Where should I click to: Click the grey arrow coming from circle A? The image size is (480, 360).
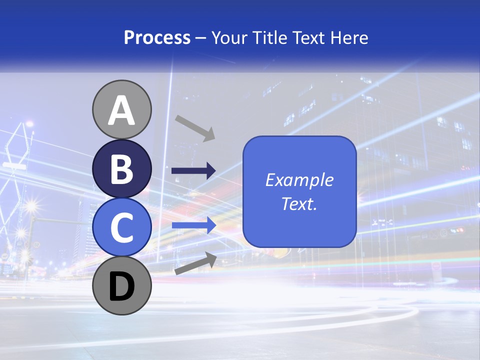pos(195,128)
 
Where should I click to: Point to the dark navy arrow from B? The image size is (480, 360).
pos(193,171)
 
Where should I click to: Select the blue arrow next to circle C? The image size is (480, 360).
pos(193,225)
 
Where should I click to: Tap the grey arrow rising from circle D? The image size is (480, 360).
pos(195,263)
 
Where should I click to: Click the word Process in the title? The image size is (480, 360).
pos(157,38)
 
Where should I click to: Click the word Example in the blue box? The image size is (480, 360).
pos(299,180)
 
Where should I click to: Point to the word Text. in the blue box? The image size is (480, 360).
pos(299,204)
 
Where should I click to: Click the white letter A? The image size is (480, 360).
pos(122,111)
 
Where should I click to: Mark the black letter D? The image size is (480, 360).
pos(122,287)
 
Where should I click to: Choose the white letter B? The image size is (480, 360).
pos(122,169)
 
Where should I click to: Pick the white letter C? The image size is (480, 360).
pos(122,227)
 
